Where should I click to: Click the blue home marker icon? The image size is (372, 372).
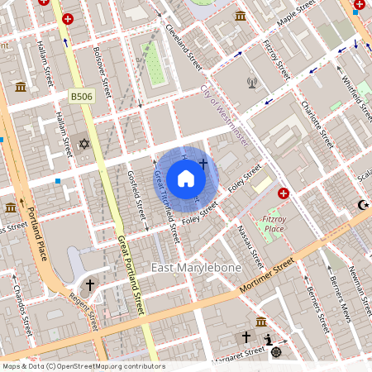186,179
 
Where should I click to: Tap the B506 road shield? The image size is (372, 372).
80,97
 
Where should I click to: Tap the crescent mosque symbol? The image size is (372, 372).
361,204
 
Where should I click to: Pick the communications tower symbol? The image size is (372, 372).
252,83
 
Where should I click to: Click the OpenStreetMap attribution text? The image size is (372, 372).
83,365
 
